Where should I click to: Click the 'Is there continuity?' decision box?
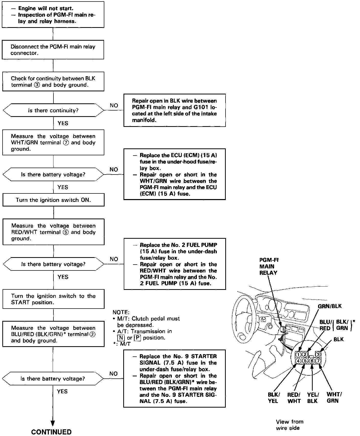click(x=53, y=111)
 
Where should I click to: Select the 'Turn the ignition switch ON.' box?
click(x=53, y=200)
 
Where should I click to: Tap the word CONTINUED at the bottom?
click(x=51, y=432)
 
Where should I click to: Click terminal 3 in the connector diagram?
click(x=318, y=354)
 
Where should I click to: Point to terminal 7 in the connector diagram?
click(x=318, y=361)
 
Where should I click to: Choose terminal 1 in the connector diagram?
click(x=298, y=355)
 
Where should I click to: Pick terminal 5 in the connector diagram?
click(x=305, y=361)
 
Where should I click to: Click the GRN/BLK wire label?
click(x=330, y=306)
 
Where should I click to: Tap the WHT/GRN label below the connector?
click(x=334, y=398)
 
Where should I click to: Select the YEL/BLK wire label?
click(x=313, y=398)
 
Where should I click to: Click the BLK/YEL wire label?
click(x=274, y=398)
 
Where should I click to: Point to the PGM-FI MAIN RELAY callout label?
click(x=268, y=266)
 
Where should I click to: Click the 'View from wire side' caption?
click(x=289, y=425)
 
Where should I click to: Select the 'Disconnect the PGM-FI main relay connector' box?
click(x=53, y=50)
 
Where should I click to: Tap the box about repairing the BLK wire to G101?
click(x=174, y=110)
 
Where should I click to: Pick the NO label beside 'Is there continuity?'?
click(x=114, y=105)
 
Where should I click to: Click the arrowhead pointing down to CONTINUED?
click(x=53, y=422)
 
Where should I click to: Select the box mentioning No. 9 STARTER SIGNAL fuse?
click(x=174, y=378)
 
